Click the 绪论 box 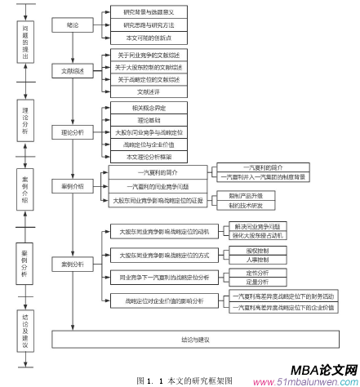pos(73,24)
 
